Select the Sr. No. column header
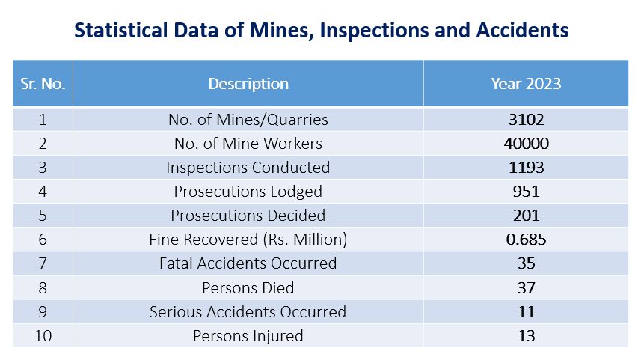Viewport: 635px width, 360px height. tap(42, 83)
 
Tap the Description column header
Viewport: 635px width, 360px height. tap(248, 83)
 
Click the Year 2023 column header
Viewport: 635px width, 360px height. tap(526, 83)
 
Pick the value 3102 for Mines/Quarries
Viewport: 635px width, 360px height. tap(526, 119)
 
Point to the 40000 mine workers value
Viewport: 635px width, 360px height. tap(526, 143)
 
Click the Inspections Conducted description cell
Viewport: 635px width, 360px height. tap(248, 167)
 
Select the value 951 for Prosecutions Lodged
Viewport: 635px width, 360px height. tap(526, 191)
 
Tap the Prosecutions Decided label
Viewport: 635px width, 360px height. tap(248, 215)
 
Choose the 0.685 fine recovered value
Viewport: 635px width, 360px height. tap(526, 240)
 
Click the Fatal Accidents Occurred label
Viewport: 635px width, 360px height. tap(248, 263)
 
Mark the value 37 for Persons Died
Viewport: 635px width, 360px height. tap(526, 287)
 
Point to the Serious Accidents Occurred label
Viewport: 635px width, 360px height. tap(248, 311)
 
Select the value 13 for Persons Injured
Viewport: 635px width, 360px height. tap(526, 335)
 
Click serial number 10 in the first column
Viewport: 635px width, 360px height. tap(42, 335)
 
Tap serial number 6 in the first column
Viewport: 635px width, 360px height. tap(42, 240)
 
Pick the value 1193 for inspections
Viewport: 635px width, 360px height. tap(526, 167)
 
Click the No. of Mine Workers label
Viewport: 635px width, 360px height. tap(248, 143)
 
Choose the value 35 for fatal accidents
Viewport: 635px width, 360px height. tap(526, 263)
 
